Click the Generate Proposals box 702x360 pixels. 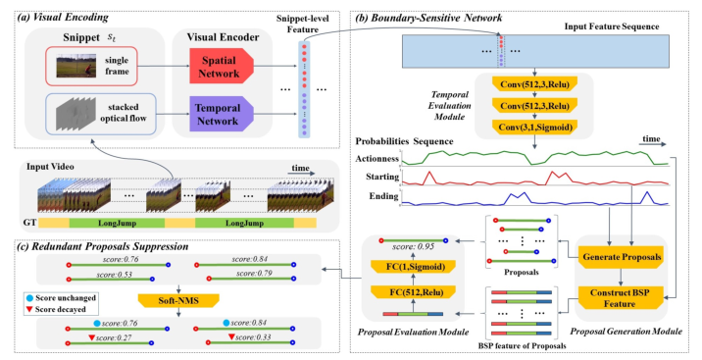tap(621, 257)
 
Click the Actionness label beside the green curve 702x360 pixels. tap(378, 158)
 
